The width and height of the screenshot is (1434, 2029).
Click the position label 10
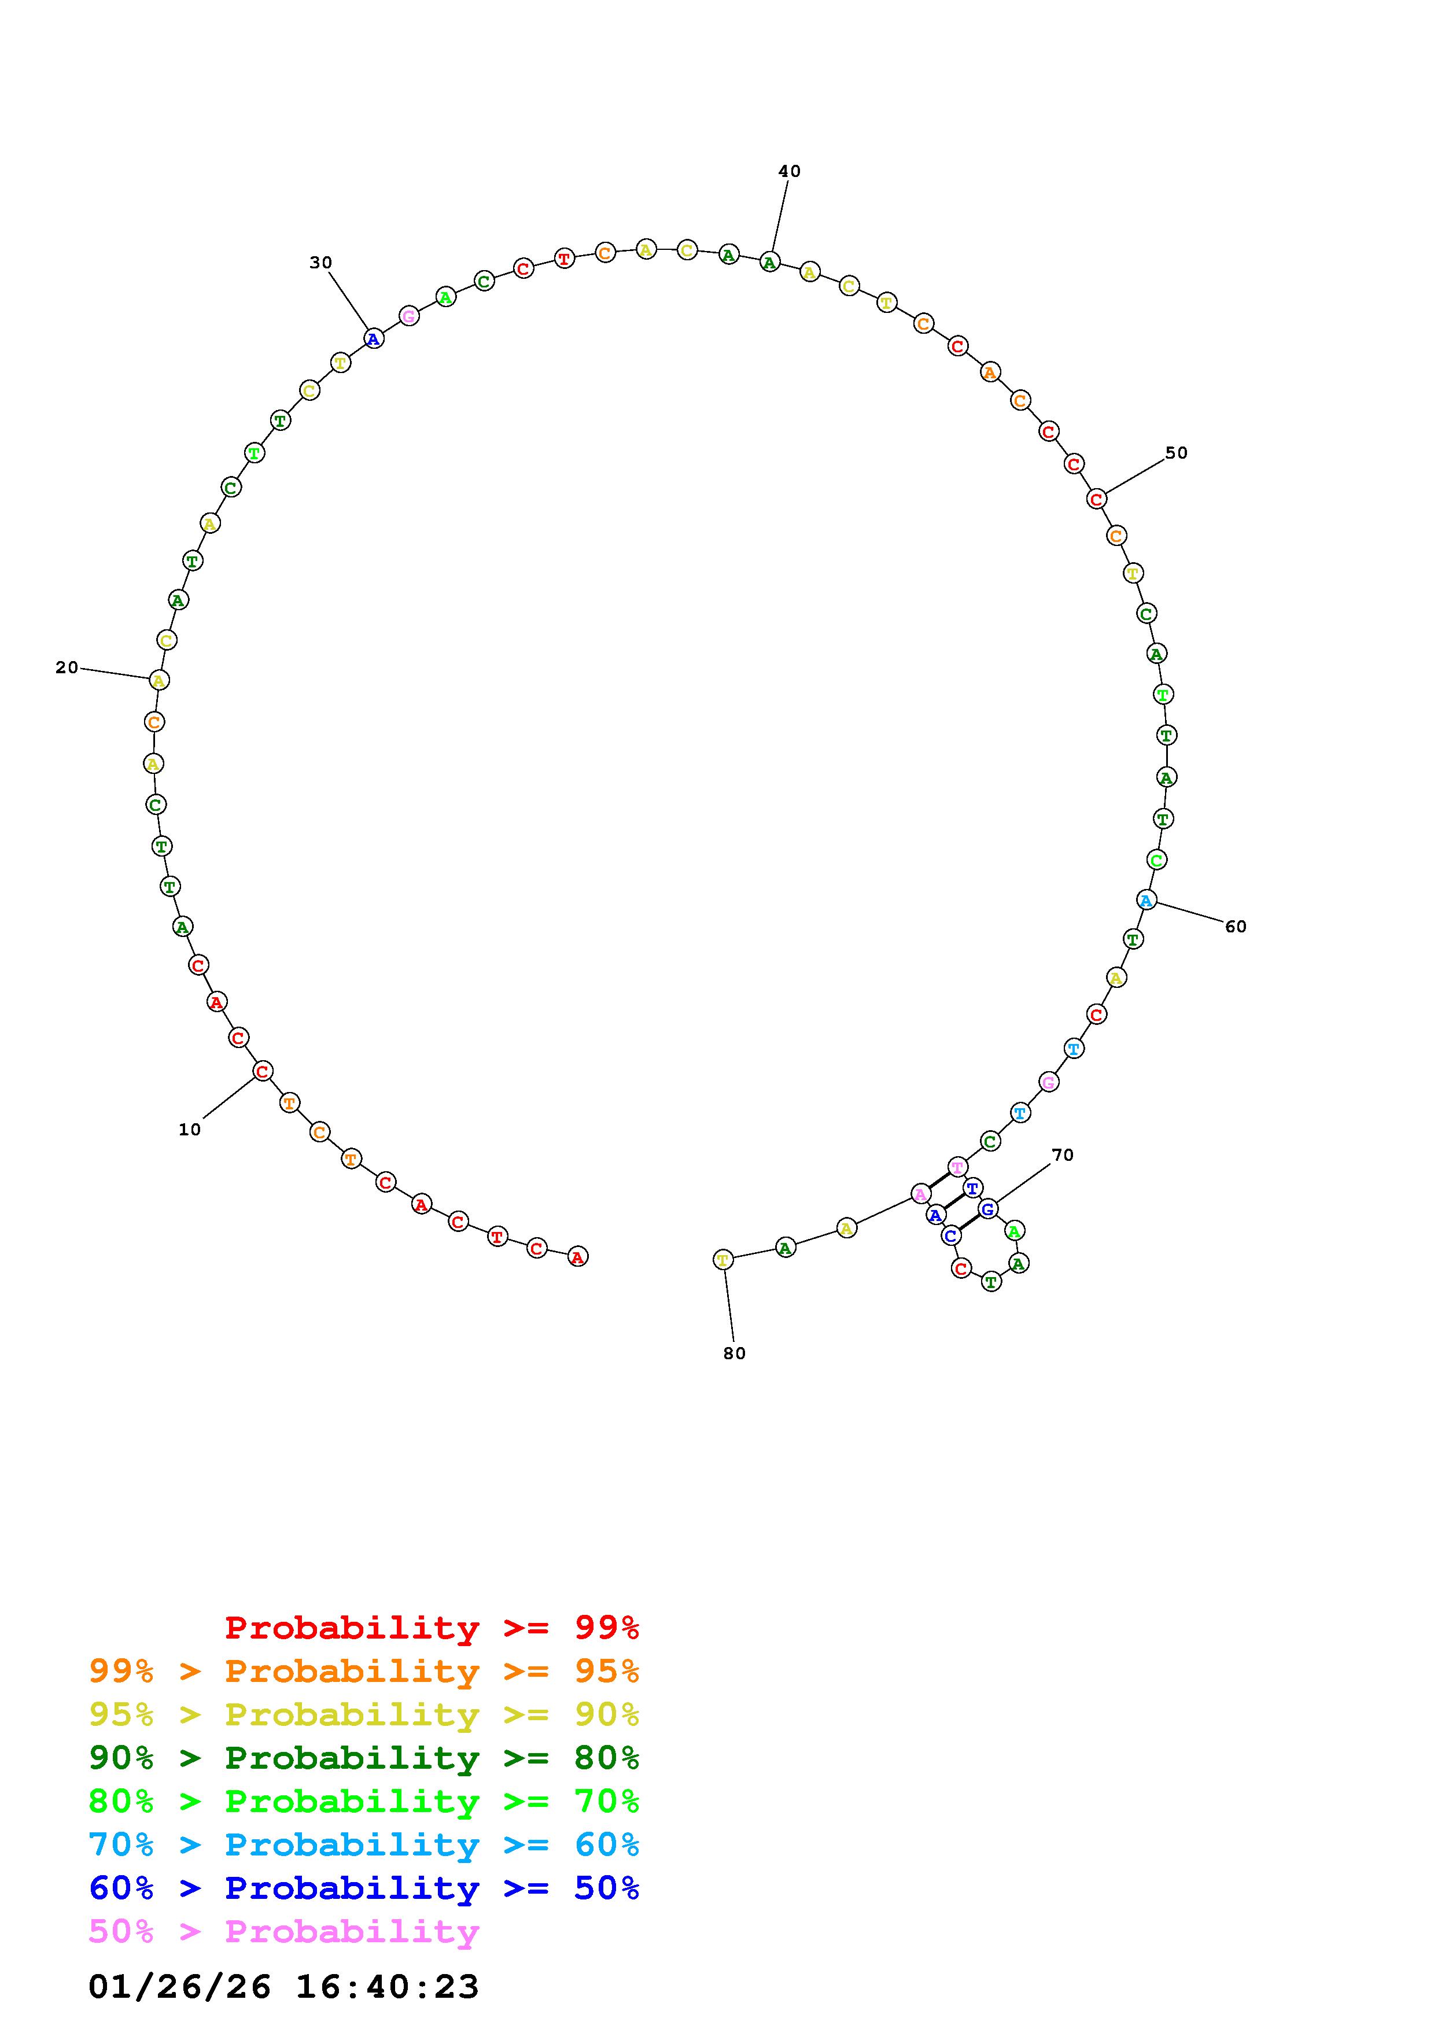click(190, 1130)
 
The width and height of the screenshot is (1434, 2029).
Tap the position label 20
click(67, 668)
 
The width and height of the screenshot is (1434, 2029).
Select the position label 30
click(320, 263)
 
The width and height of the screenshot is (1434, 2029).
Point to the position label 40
click(789, 171)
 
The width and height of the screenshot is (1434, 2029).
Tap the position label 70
click(1062, 1155)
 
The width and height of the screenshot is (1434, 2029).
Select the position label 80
click(734, 1353)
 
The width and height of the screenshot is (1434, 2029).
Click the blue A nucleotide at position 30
click(374, 338)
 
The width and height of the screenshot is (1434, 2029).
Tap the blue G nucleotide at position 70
click(988, 1209)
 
